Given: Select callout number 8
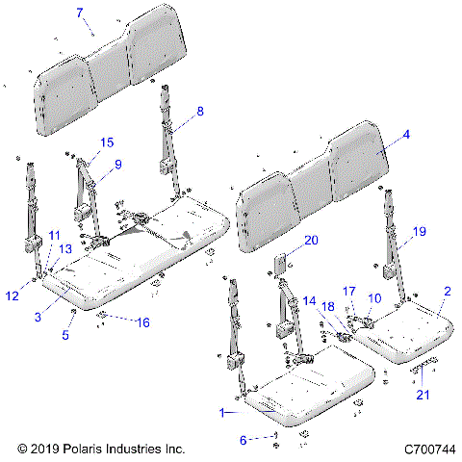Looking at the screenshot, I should pos(200,112).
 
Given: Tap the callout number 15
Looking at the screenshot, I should pos(106,141).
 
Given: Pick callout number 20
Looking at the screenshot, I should pos(286,240).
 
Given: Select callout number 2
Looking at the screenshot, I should pos(446,290).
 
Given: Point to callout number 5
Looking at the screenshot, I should pos(65,335).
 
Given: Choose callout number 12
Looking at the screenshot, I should pos(13,295).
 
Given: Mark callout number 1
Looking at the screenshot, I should pos(222,412).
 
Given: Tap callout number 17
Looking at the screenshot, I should pos(349,290).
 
